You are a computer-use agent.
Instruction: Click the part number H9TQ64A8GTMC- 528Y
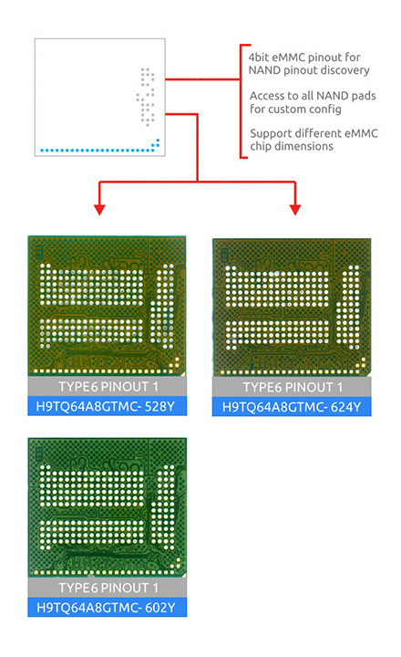106,406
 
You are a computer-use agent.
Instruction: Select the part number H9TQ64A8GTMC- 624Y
292,407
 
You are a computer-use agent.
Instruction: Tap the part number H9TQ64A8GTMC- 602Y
106,608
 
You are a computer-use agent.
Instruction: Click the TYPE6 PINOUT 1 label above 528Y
108,387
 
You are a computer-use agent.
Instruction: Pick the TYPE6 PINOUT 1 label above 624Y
293,387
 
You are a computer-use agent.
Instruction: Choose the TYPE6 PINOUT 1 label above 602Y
108,588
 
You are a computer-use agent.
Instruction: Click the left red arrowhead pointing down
99,210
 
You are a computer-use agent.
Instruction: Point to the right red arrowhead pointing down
295,210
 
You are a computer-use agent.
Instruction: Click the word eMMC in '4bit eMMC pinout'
289,57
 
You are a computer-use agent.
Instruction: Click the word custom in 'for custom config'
286,109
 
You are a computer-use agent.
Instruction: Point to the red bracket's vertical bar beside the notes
241,101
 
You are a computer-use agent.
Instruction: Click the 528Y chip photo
108,306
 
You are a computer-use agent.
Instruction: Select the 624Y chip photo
292,308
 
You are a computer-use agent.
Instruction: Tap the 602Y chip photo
108,507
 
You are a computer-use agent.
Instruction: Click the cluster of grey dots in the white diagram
145,97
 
